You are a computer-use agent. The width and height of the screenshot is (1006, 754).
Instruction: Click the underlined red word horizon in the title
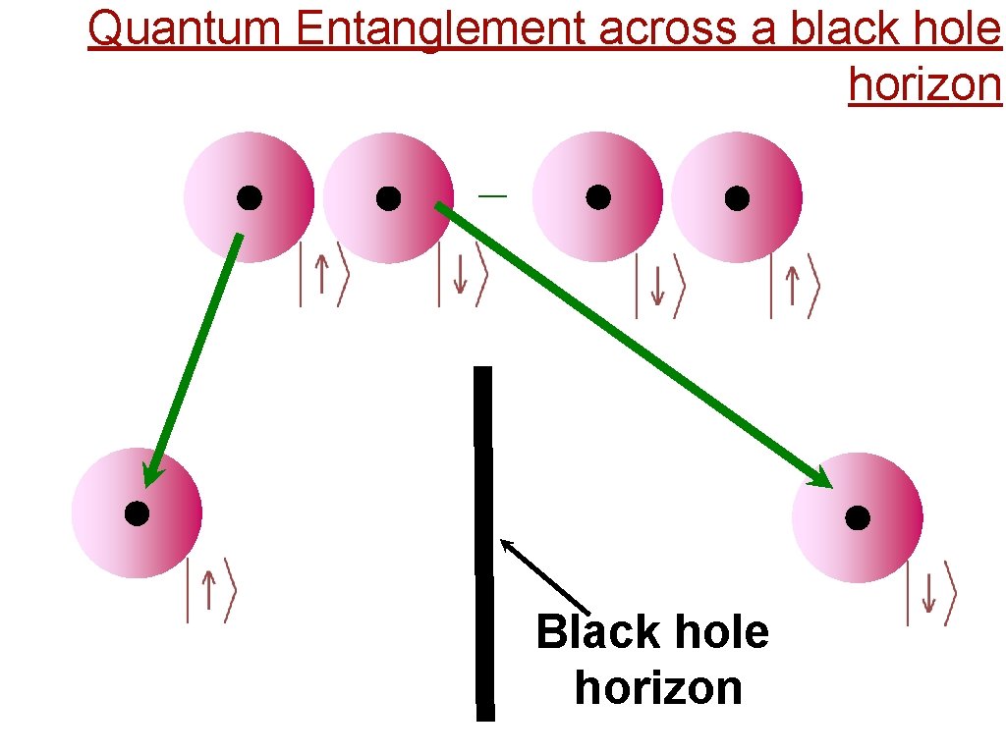click(x=924, y=84)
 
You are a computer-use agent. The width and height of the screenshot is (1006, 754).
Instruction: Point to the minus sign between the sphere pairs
click(x=493, y=196)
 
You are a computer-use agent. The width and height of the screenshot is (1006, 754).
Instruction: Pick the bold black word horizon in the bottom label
click(x=658, y=687)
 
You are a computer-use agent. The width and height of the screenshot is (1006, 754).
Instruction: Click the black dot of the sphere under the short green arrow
click(x=137, y=512)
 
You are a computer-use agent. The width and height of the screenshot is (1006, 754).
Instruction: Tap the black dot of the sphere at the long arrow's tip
click(x=858, y=517)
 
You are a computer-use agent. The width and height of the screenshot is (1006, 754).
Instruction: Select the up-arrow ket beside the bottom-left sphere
click(x=210, y=590)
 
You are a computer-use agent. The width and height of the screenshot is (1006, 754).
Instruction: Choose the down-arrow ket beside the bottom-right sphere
click(x=929, y=593)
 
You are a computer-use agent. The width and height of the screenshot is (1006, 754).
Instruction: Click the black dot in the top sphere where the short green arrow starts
click(x=250, y=198)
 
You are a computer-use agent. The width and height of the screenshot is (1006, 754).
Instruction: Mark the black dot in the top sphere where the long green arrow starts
click(x=389, y=198)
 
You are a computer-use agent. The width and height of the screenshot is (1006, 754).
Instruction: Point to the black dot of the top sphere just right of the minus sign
click(x=598, y=198)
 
